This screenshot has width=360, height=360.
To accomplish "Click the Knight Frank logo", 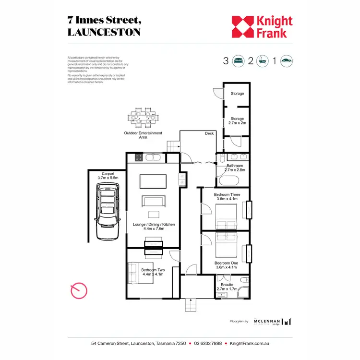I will coord(262,27).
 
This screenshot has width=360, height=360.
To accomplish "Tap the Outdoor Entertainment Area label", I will coord(143,135).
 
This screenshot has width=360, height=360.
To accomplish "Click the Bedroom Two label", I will coord(153,270).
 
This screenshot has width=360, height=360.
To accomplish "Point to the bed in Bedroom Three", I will coord(226,217).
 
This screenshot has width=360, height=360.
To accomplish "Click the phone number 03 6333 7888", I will coord(208,344).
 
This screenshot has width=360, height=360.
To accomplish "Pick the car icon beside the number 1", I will coord(287,61).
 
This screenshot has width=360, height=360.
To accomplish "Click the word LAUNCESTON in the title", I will coord(104,32).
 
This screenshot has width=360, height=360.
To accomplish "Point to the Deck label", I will coord(209,133).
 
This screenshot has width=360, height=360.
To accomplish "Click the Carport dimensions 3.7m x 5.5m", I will coord(108,178).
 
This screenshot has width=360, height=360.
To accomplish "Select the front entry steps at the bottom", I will coord(192,304).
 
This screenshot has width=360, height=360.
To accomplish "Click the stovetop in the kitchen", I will coord(138,156).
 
